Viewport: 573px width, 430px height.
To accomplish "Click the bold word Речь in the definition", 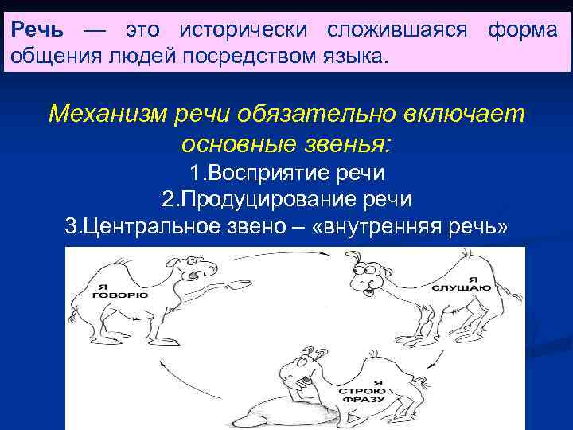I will [x=35, y=30].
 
